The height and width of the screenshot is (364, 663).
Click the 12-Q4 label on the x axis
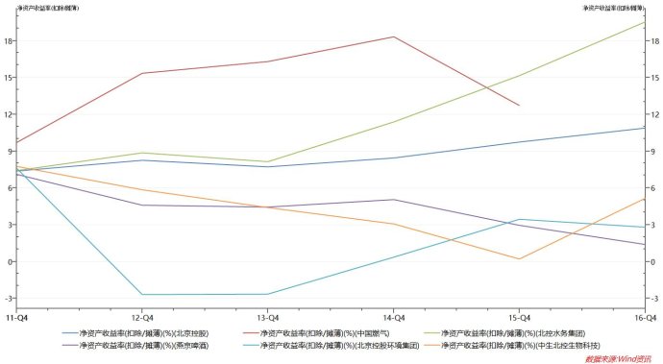142,316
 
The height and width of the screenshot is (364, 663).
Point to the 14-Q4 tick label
392,316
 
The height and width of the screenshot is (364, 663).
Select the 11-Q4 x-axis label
16,316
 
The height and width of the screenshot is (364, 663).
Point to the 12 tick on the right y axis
653,114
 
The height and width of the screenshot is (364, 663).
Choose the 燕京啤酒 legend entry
144,345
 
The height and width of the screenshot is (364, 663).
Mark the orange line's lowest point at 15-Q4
519,258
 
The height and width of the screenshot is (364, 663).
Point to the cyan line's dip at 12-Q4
142,295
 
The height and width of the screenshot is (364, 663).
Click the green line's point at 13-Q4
267,161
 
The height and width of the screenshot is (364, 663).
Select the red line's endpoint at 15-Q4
519,106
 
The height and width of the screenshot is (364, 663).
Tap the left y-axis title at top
43,8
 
